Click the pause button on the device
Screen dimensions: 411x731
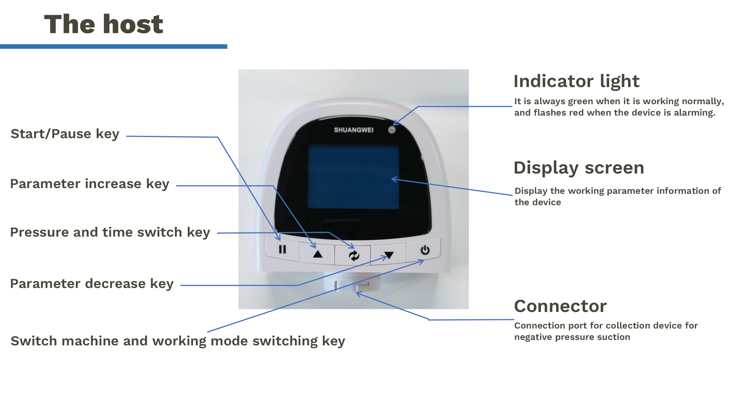click(x=282, y=249)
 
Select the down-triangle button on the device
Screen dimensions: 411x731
click(x=389, y=255)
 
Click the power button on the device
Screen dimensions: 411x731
click(x=425, y=250)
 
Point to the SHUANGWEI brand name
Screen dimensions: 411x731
click(x=354, y=130)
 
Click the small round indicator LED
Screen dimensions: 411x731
click(x=392, y=130)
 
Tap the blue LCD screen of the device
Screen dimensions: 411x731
click(x=353, y=176)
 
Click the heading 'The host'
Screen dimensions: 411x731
click(x=104, y=25)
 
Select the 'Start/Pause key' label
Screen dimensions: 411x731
click(x=65, y=134)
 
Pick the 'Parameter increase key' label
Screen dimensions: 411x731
click(x=90, y=184)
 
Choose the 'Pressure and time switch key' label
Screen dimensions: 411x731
click(x=110, y=232)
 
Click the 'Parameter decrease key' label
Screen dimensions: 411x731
click(x=92, y=284)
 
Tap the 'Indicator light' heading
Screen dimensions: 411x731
click(x=576, y=81)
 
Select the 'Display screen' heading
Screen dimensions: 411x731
click(x=579, y=168)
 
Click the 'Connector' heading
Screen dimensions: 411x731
click(x=560, y=306)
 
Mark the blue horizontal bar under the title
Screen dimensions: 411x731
click(x=113, y=47)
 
